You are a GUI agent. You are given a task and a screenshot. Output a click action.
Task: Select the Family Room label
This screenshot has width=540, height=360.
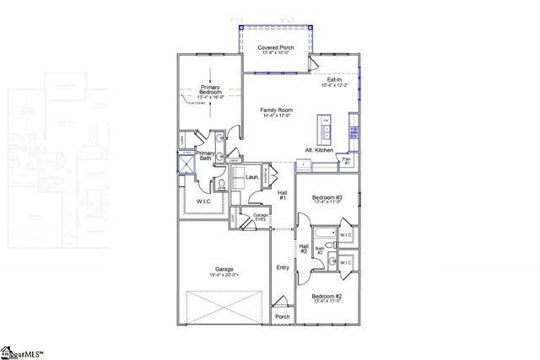tap(277, 110)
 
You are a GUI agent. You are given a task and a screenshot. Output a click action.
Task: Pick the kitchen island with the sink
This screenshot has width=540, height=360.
tap(325, 128)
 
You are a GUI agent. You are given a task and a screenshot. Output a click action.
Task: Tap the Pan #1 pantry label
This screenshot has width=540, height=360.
tap(347, 160)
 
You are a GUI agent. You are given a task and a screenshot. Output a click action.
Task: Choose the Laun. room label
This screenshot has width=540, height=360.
tap(251, 179)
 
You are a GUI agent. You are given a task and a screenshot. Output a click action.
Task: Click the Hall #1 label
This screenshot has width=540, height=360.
tap(283, 196)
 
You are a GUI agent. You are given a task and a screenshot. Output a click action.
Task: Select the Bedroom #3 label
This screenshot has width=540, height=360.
tap(325, 198)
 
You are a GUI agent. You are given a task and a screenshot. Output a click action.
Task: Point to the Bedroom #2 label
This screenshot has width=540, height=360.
tap(325, 296)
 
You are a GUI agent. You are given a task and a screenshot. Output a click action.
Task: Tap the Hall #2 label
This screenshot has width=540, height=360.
tap(303, 248)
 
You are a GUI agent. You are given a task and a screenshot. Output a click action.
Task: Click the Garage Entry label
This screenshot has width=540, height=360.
tap(261, 217)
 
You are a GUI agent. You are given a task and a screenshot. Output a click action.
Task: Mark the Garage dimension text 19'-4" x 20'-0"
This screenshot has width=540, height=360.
tap(224, 275)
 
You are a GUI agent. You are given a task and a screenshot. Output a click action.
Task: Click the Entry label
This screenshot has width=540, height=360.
tap(283, 267)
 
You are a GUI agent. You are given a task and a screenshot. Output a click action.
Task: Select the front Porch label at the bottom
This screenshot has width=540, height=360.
tap(283, 316)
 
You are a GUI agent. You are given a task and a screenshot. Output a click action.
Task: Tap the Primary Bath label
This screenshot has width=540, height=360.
tap(206, 155)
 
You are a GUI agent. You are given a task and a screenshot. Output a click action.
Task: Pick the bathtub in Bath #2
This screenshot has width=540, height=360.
tap(325, 233)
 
